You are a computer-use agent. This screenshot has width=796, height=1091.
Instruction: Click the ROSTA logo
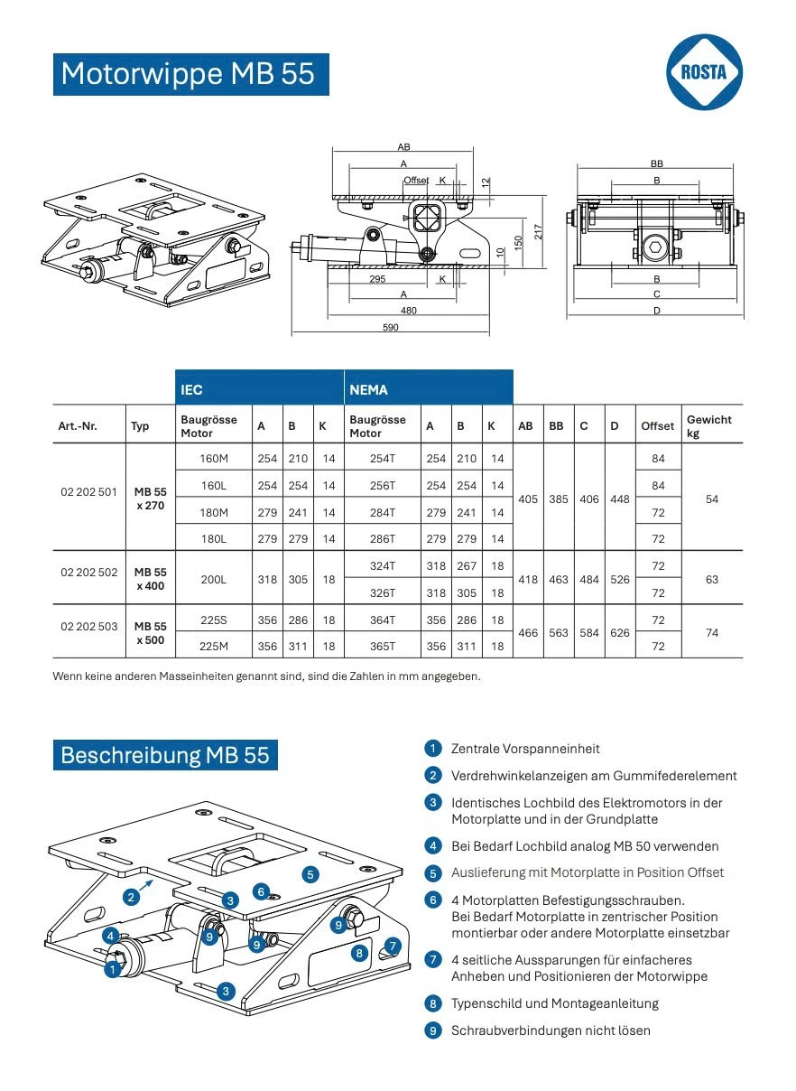pos(704,72)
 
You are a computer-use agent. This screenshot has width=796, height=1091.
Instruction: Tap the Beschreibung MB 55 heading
pos(165,755)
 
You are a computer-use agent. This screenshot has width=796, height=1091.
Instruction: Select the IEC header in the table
pos(191,389)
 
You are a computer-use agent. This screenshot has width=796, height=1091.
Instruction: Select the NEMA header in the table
pos(368,389)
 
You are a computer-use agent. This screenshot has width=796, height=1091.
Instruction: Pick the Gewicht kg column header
pos(708,426)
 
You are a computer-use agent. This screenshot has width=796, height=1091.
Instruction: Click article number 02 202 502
pos(89,573)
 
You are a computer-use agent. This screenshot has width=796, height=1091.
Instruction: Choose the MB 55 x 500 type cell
pos(151,633)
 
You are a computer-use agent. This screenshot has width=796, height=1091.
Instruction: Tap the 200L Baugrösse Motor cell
pos(214,579)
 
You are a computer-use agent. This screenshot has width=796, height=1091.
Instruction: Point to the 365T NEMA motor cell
pos(382,647)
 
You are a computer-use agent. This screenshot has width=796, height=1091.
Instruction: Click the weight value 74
pos(712,633)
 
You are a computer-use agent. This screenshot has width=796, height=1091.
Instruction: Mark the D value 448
pos(620,499)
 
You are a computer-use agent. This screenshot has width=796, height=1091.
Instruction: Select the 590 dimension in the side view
pos(391,327)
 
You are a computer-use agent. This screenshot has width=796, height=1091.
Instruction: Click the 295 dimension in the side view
pos(377,279)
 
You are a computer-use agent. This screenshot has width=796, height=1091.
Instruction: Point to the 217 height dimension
pos(538,231)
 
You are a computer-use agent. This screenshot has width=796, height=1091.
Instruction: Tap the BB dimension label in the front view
pos(657,163)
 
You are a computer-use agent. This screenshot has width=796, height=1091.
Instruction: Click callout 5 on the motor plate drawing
pos(310,874)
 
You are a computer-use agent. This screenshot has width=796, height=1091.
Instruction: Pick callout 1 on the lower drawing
pos(113,969)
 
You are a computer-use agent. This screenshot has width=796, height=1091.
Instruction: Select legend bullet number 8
pos(433,1003)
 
